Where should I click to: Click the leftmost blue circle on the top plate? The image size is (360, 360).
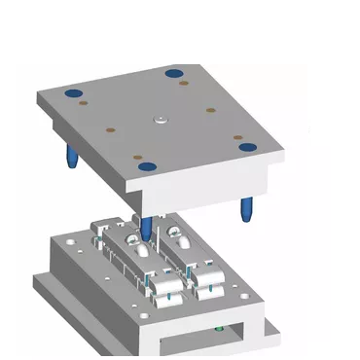pyautogui.click(x=71, y=93)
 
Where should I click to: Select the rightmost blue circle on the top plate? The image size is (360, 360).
pyautogui.click(x=247, y=148)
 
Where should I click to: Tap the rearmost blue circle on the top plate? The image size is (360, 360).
pyautogui.click(x=174, y=73)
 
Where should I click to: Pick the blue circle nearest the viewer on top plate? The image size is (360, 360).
pyautogui.click(x=145, y=168)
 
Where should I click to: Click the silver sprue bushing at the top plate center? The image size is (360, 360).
pyautogui.click(x=159, y=121)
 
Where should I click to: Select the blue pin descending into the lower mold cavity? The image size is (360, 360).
pyautogui.click(x=144, y=230)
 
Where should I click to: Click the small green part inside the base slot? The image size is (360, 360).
pyautogui.click(x=227, y=332)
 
